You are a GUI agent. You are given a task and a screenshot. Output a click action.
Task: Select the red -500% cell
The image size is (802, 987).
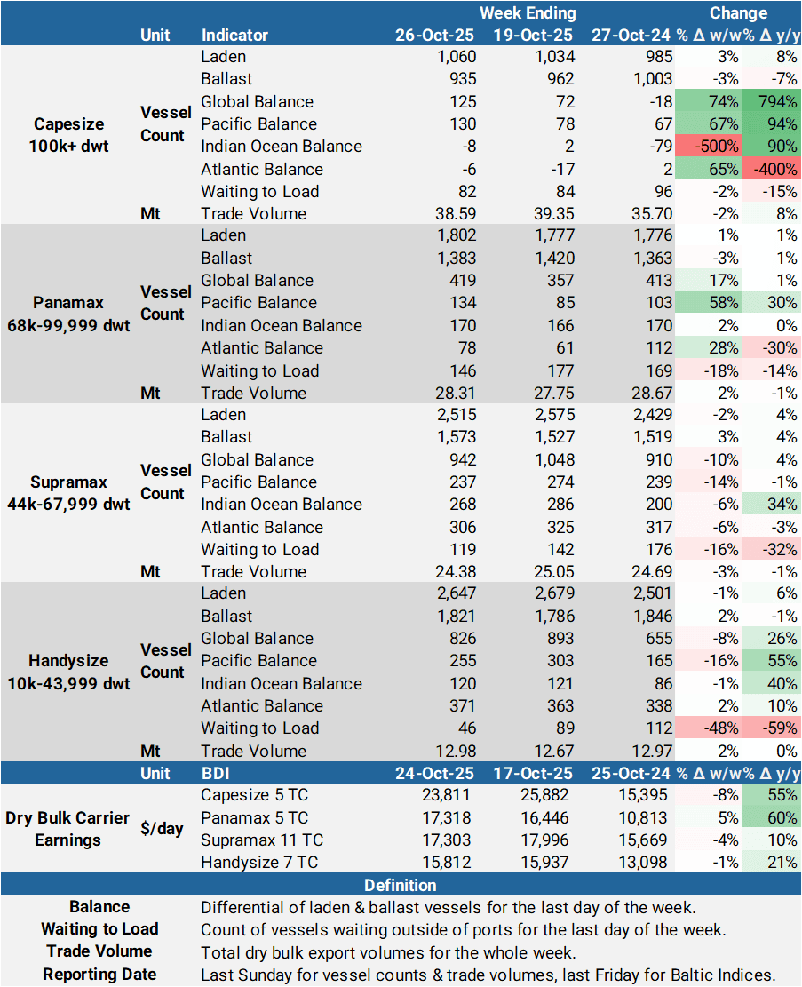click(708, 147)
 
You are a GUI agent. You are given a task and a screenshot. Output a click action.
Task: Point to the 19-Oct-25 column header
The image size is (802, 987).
click(533, 36)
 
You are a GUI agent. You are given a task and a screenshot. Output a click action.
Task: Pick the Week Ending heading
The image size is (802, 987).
click(528, 13)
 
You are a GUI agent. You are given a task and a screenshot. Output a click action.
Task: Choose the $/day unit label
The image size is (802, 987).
click(162, 829)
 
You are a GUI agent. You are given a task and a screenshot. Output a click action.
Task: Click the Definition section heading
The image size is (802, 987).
click(401, 886)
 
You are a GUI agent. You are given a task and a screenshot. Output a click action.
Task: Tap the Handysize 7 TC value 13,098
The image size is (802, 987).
click(646, 863)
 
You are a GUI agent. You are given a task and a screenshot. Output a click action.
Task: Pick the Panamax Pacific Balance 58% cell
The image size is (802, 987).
click(708, 303)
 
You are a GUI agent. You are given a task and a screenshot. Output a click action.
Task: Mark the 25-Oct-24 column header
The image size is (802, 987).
click(632, 774)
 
